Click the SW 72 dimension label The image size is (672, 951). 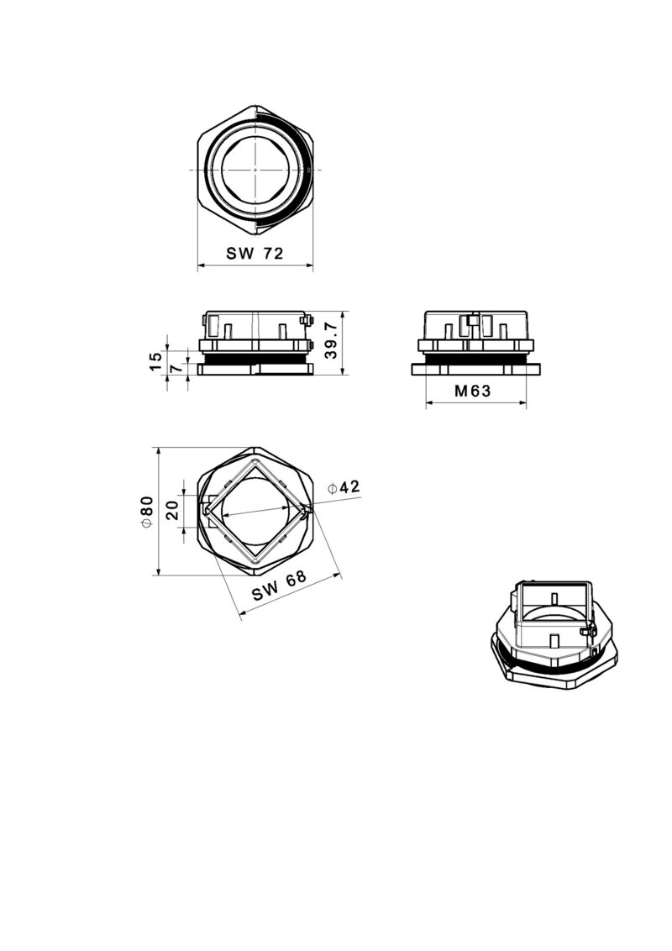click(x=255, y=254)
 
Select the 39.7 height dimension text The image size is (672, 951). click(x=331, y=339)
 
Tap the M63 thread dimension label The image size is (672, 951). click(x=472, y=391)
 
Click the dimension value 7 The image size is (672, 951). click(x=176, y=369)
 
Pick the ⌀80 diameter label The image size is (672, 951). click(x=146, y=512)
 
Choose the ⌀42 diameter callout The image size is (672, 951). click(x=344, y=487)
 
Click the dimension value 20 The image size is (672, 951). click(x=173, y=510)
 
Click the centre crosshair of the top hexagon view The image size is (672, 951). click(x=255, y=170)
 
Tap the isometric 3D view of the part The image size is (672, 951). click(x=553, y=633)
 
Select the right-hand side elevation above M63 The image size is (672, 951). click(x=475, y=343)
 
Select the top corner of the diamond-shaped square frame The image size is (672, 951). click(x=255, y=461)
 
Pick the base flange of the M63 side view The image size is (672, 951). click(x=475, y=370)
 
